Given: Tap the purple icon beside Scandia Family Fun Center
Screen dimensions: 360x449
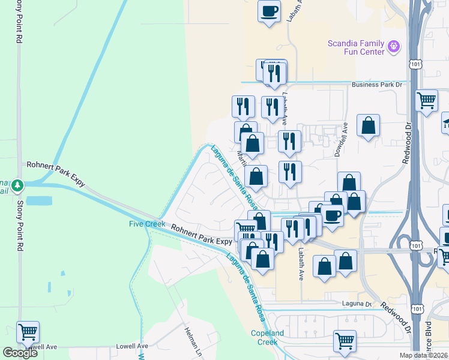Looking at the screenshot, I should point(394,45).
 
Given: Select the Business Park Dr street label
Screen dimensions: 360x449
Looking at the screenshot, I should point(377,85).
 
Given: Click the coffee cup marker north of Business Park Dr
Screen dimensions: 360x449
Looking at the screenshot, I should point(270,11).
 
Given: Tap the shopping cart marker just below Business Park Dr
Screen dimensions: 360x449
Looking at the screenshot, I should point(426,100).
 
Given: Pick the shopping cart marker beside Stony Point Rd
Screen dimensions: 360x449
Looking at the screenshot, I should point(28,331).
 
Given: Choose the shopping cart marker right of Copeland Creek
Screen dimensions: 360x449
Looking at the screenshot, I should point(345,341).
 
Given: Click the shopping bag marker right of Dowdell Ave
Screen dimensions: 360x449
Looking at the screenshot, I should point(368,126).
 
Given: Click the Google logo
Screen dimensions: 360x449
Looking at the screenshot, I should point(20,352).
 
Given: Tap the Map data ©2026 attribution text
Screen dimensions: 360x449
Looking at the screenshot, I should point(424,355).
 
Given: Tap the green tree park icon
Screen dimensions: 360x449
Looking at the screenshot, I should point(18,184).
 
